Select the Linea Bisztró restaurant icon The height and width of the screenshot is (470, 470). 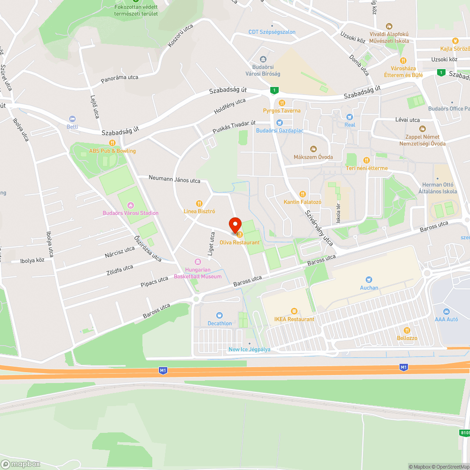pos(199,204)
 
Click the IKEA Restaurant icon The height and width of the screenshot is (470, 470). pos(294,311)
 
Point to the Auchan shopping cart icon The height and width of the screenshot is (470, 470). pos(369,279)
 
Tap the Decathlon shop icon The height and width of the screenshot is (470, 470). pos(219,315)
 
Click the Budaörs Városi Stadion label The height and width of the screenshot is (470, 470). pos(131,213)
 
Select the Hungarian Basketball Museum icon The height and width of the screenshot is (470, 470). pos(197,262)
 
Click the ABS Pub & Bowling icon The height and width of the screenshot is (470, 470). pos(112,143)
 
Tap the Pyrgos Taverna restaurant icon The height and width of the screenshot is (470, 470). pos(282,102)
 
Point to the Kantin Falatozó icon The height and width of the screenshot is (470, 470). pos(302,194)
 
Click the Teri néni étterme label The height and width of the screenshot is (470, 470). pos(367,168)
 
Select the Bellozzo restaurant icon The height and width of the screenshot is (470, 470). pos(407,330)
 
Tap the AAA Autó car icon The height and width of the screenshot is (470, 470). pos(446,311)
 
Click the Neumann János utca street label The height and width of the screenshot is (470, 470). pos(174,180)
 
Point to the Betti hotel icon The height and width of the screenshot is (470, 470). pos(72,119)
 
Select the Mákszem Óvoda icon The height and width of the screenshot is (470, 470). pos(313,149)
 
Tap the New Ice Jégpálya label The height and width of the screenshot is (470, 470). pos(249,349)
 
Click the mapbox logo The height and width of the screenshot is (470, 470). pos(21,464)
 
